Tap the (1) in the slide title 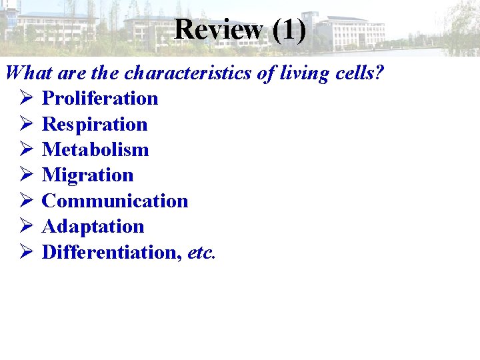(x=289, y=29)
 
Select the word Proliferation (x=100, y=99)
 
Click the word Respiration (x=95, y=124)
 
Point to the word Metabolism (x=95, y=149)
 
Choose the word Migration (x=88, y=175)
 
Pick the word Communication (x=115, y=201)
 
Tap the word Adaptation (x=93, y=227)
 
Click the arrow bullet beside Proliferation (x=27, y=99)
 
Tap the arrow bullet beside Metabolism (x=27, y=149)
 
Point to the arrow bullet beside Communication (x=27, y=201)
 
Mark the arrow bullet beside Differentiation (x=27, y=252)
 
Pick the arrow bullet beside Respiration (x=27, y=124)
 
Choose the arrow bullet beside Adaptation (x=27, y=227)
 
